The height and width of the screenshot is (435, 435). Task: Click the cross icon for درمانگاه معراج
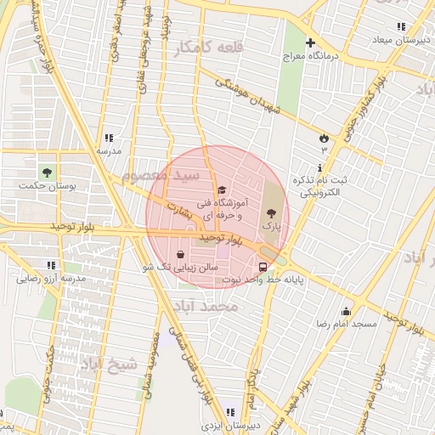tap(310, 42)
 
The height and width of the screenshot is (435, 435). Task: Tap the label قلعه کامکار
tap(208, 48)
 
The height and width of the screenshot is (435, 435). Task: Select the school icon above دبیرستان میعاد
tap(401, 26)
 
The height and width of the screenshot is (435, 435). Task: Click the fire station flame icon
tap(323, 138)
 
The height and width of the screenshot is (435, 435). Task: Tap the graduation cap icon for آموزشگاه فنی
tap(222, 189)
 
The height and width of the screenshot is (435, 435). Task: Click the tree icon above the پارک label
tap(271, 214)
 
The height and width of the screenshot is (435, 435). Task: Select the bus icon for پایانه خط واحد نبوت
tap(262, 265)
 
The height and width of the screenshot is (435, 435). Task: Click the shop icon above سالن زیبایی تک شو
tap(180, 254)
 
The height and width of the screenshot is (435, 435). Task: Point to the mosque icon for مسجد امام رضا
tap(345, 311)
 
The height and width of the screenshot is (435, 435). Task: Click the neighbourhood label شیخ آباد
tap(109, 364)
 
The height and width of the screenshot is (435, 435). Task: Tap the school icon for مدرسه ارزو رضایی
tap(51, 265)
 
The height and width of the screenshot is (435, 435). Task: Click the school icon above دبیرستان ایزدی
tap(230, 412)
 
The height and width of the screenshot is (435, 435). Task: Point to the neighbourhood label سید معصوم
tap(161, 175)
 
